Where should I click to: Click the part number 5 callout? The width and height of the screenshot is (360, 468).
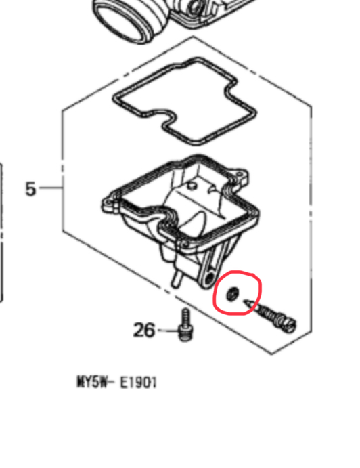click(30, 189)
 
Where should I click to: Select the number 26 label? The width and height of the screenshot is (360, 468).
click(144, 330)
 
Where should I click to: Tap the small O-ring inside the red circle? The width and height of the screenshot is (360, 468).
click(232, 295)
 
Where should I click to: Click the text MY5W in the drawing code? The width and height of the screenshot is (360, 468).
click(92, 382)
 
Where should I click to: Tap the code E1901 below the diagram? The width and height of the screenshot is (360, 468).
click(138, 383)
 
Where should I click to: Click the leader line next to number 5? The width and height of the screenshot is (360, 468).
click(50, 188)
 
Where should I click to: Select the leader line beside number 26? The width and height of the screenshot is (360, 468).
click(167, 331)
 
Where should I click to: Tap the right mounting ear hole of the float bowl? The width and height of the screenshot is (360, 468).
click(239, 173)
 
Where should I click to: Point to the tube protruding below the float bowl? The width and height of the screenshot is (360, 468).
click(176, 278)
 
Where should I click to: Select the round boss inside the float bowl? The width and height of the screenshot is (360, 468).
click(192, 186)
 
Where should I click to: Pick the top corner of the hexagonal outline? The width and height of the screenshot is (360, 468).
click(194, 36)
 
